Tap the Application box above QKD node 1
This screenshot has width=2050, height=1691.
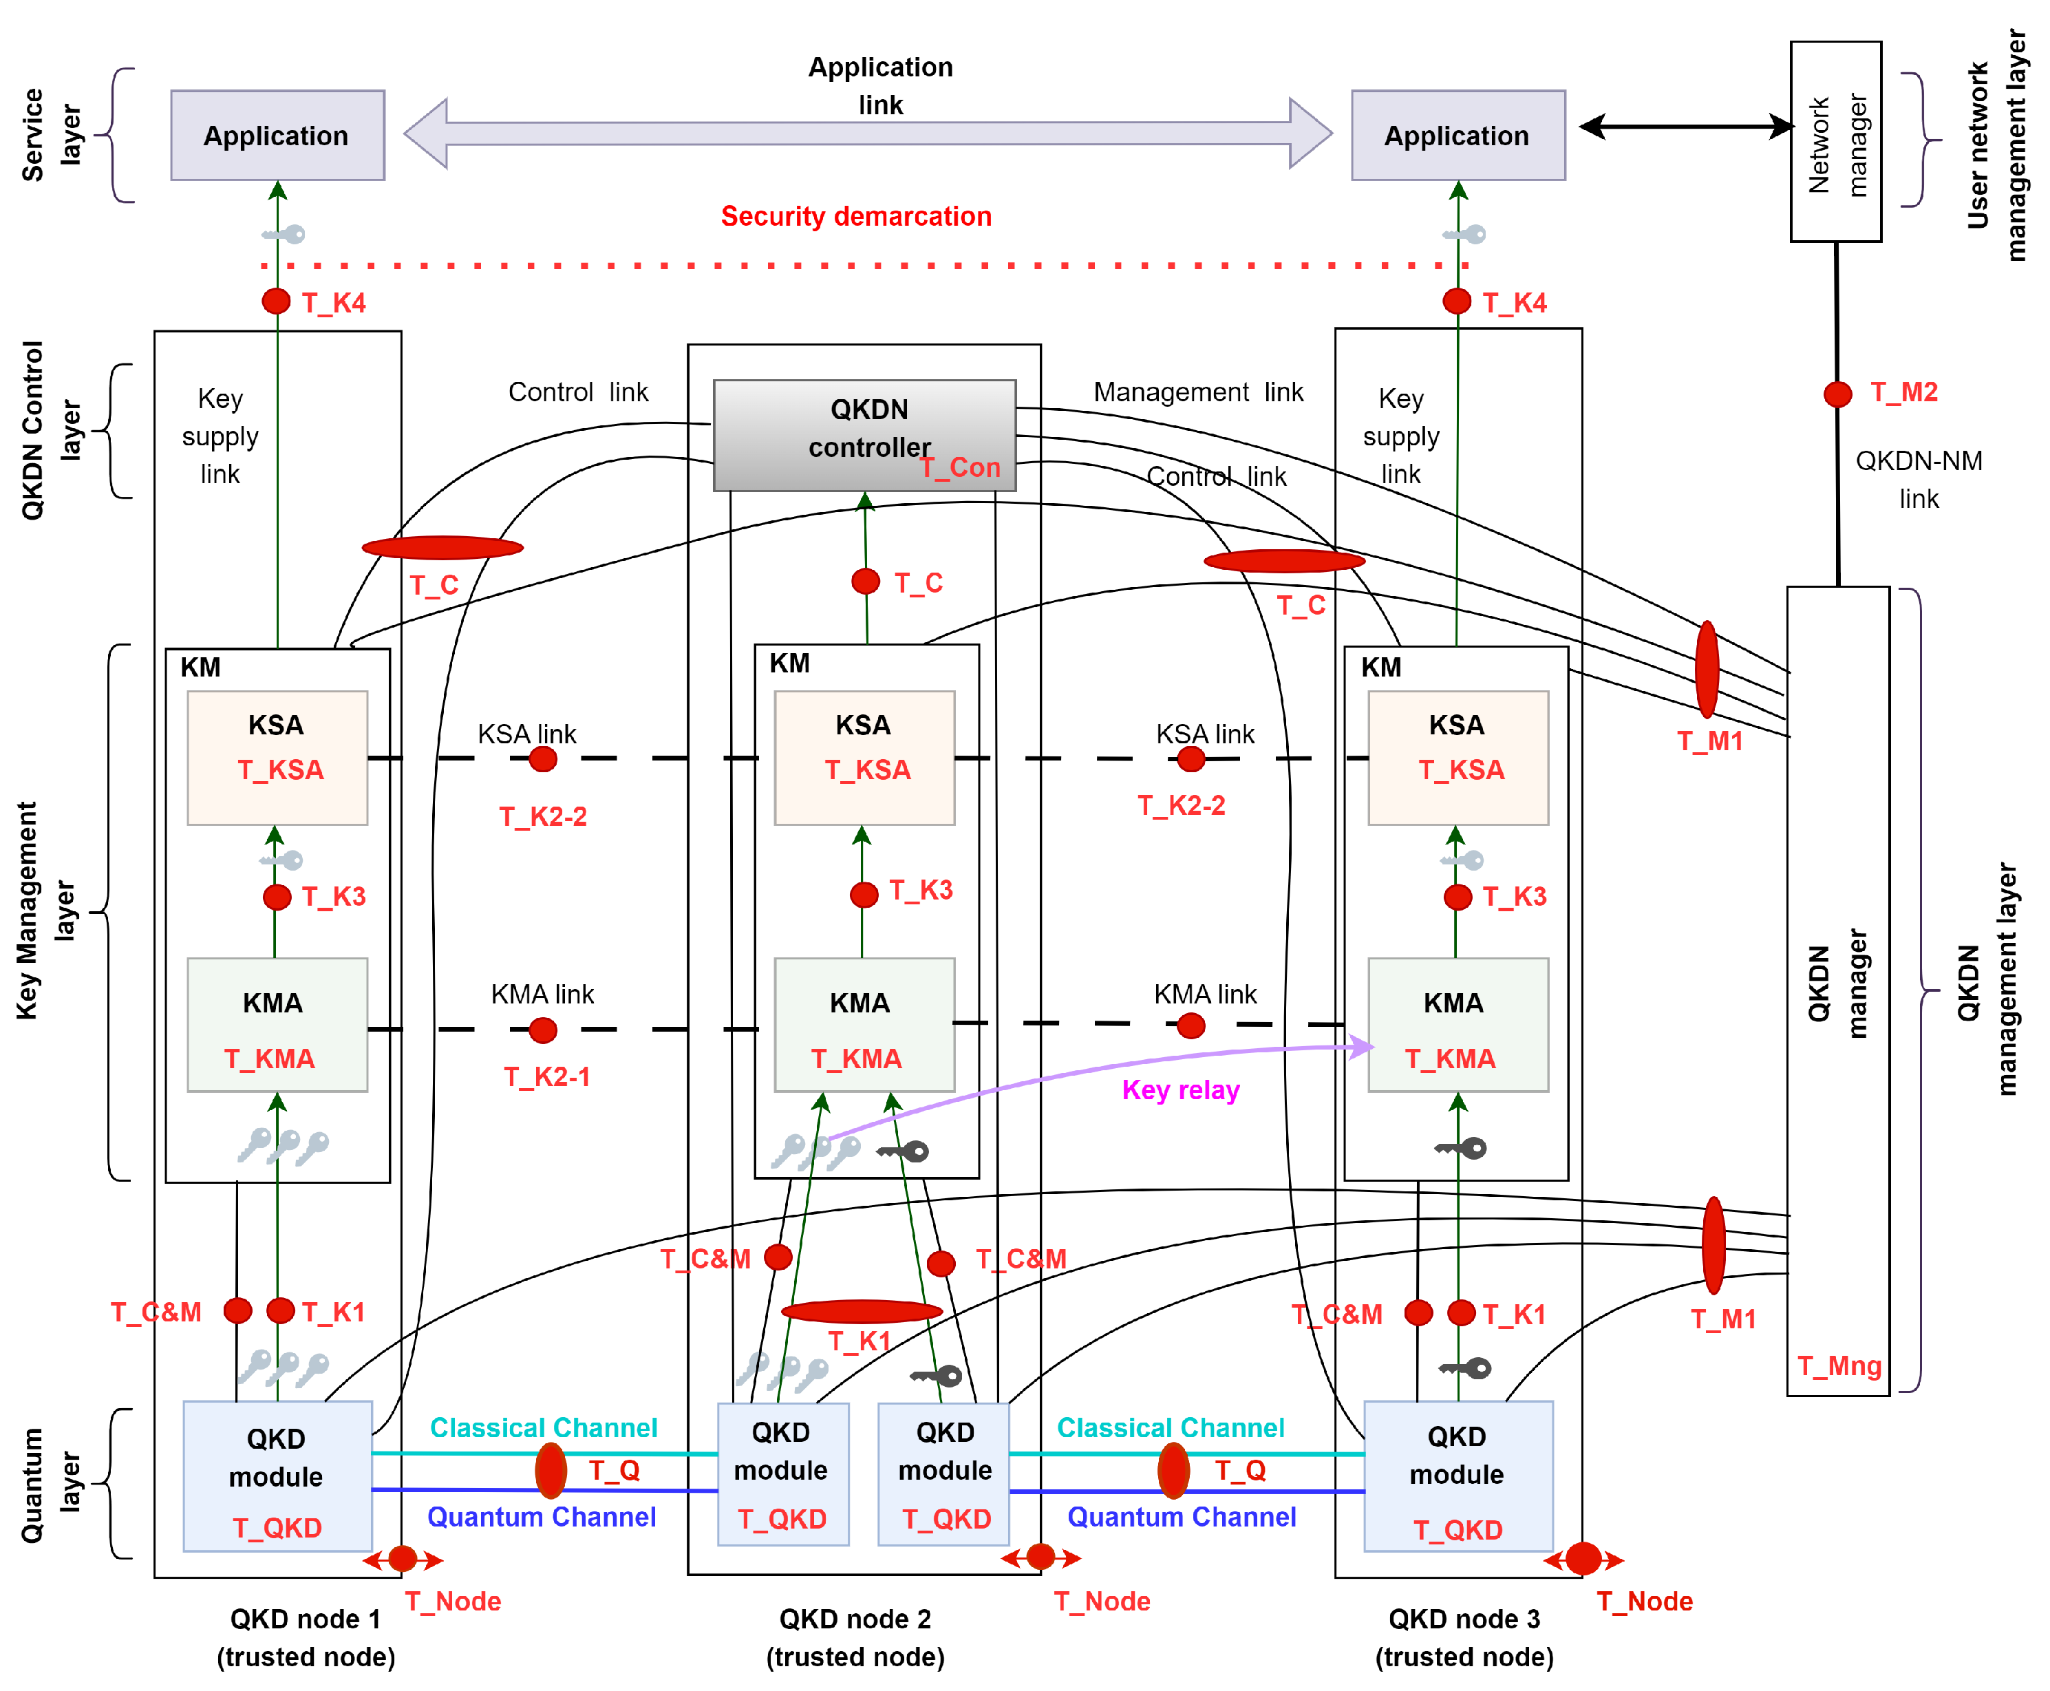pyautogui.click(x=277, y=136)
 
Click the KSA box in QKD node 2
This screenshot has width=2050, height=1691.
pyautogui.click(x=863, y=757)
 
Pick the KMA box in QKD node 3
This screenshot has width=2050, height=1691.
pyautogui.click(x=1456, y=1024)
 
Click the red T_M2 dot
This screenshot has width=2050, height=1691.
pyautogui.click(x=1837, y=394)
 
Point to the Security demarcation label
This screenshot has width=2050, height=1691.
pyautogui.click(x=855, y=216)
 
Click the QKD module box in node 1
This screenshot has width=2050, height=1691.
pyautogui.click(x=277, y=1475)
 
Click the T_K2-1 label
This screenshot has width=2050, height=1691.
pyautogui.click(x=546, y=1076)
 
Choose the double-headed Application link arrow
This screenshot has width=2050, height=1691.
pyautogui.click(x=867, y=134)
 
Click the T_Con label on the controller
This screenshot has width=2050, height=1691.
pyautogui.click(x=960, y=467)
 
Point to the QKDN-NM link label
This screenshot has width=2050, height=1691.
pyautogui.click(x=1918, y=479)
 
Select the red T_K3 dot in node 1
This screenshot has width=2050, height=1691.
pyautogui.click(x=277, y=897)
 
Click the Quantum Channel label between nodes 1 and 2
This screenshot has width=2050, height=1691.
pyautogui.click(x=542, y=1517)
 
